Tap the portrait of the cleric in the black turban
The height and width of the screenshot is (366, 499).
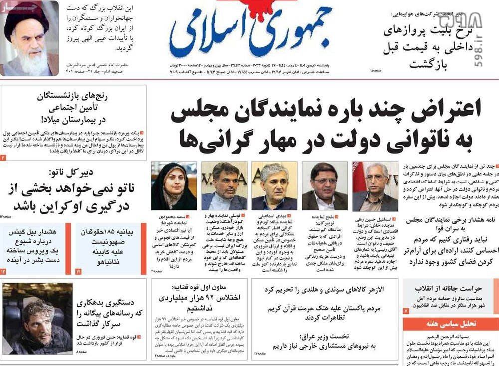pos(29,38)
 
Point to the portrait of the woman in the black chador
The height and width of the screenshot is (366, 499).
pos(173,186)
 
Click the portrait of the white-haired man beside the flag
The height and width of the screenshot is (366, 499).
pos(375,186)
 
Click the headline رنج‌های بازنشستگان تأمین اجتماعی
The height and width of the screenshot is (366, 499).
pos(75,107)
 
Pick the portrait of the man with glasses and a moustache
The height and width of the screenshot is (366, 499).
pos(324,186)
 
